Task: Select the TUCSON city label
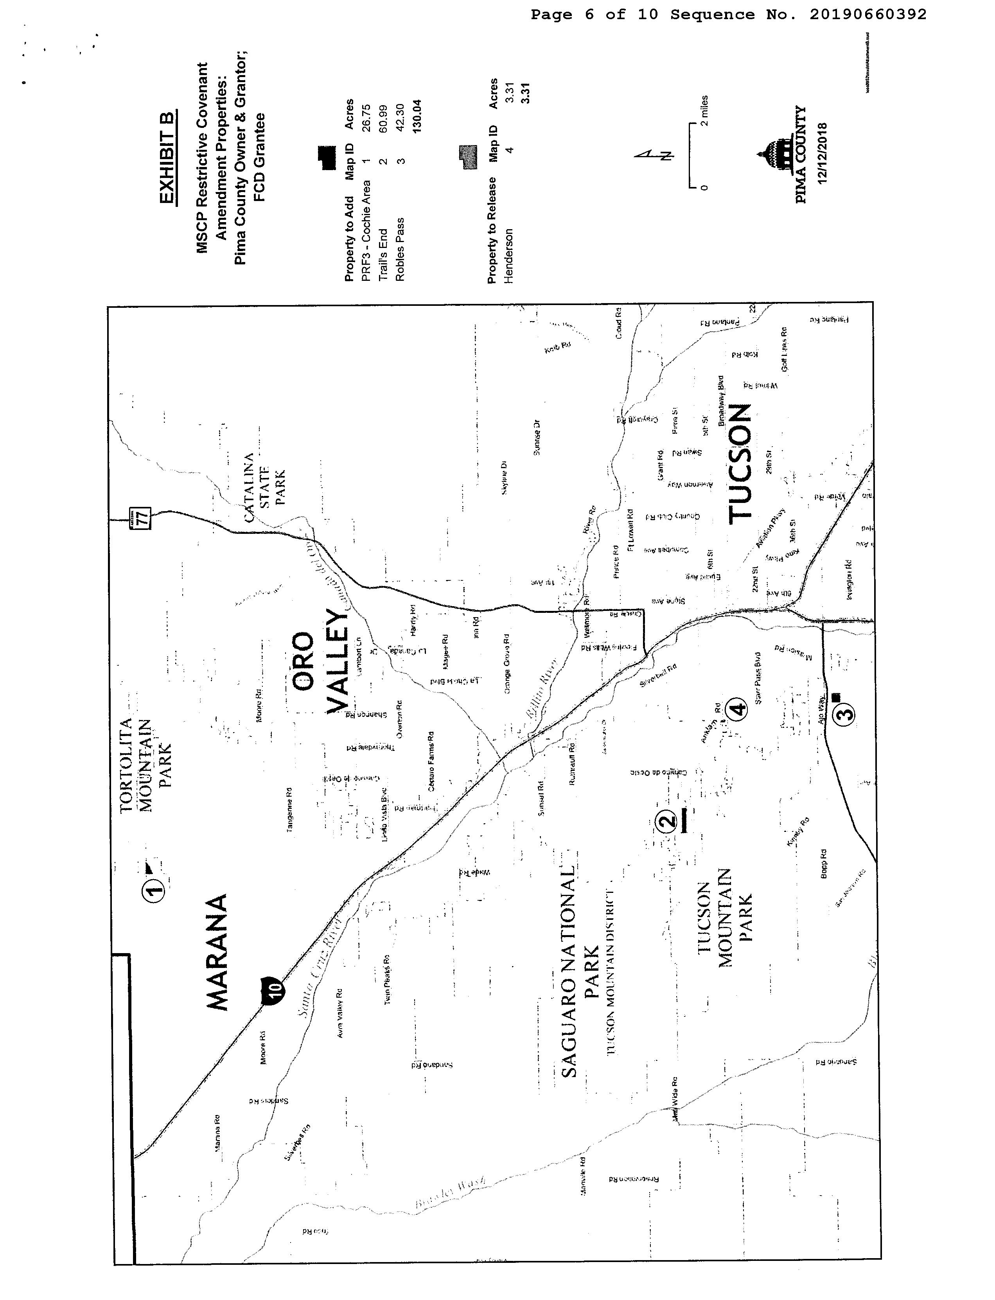[740, 464]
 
